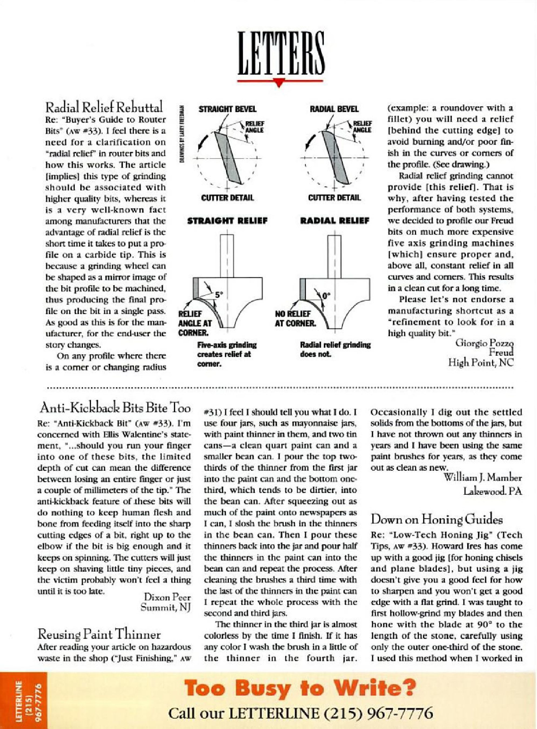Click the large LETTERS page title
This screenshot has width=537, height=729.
(x=281, y=54)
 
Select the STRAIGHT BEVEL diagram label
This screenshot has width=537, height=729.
(x=227, y=109)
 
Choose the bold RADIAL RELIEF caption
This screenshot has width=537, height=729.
(x=334, y=221)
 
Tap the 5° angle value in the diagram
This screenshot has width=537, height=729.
(x=219, y=295)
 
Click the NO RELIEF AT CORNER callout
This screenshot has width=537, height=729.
(x=295, y=318)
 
